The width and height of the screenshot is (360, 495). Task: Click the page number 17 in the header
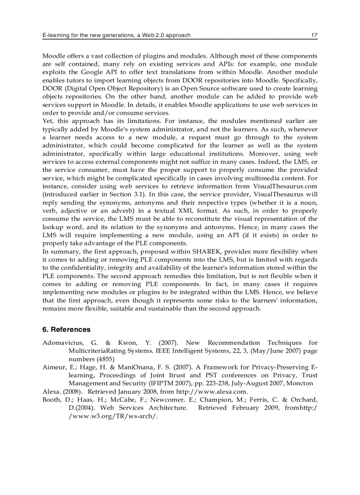314,35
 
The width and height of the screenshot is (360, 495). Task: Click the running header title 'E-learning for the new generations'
88,35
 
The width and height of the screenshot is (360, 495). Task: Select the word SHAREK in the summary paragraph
202,251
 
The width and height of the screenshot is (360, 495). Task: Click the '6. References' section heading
66,329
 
